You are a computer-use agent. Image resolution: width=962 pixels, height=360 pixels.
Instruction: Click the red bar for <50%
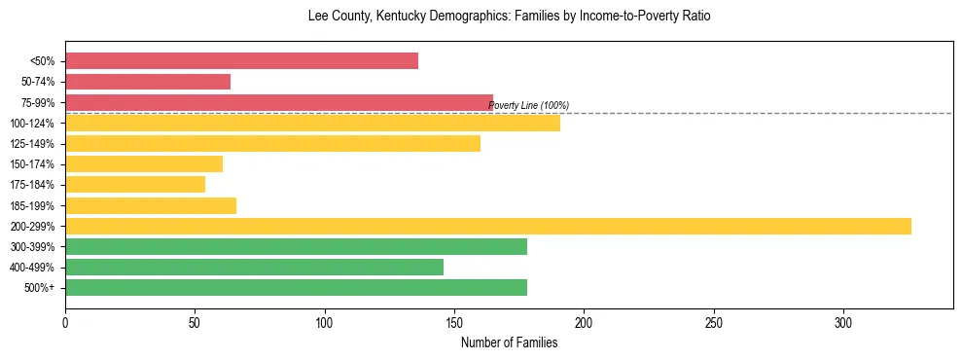(x=241, y=61)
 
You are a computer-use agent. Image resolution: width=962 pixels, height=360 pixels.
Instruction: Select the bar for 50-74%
(x=148, y=82)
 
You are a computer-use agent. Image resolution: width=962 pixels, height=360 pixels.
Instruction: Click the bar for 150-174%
(x=144, y=163)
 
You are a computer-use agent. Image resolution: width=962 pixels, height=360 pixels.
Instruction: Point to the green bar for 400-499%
(x=254, y=267)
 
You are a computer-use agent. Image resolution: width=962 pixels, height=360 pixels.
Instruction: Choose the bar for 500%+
(x=296, y=287)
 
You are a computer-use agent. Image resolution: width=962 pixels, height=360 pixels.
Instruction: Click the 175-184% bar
(x=135, y=184)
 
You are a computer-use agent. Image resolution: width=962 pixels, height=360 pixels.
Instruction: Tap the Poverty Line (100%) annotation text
(x=528, y=105)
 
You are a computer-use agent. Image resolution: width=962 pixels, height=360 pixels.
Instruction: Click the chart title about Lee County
(x=509, y=17)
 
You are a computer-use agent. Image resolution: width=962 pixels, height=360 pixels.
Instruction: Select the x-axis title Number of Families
(x=509, y=342)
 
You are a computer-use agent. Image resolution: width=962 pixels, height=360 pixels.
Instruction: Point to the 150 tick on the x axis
(x=454, y=322)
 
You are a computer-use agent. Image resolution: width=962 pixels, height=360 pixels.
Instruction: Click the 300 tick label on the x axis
(x=843, y=322)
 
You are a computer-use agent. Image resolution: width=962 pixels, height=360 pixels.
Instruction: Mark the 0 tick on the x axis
(x=65, y=322)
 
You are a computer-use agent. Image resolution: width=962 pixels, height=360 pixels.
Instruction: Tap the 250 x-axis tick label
(x=714, y=322)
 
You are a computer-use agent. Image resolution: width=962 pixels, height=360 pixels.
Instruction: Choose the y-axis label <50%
(x=43, y=61)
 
